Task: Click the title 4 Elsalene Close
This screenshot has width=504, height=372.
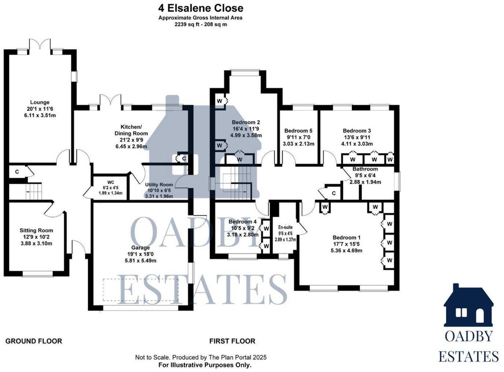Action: tap(201, 8)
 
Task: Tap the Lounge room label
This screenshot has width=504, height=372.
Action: tap(40, 103)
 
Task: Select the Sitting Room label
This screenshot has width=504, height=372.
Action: tap(36, 230)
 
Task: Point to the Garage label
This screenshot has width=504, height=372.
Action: tap(140, 248)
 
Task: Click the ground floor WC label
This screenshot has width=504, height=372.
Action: tap(111, 182)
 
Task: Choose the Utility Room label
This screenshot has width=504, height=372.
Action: tap(159, 185)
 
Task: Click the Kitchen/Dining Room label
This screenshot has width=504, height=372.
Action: tap(131, 130)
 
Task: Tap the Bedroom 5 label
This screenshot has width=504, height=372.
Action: tap(298, 131)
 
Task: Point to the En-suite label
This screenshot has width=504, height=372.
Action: tap(285, 227)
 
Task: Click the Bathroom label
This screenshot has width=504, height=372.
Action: tap(365, 169)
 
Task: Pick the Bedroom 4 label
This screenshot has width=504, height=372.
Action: tap(242, 222)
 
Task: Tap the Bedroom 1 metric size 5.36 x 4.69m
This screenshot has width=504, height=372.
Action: tap(346, 251)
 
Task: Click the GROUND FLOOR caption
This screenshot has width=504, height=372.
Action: tap(34, 341)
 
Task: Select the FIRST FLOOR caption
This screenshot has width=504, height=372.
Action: tap(232, 341)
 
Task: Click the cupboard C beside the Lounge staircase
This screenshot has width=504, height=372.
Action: tap(17, 171)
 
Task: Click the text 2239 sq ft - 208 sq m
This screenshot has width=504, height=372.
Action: tap(201, 25)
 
